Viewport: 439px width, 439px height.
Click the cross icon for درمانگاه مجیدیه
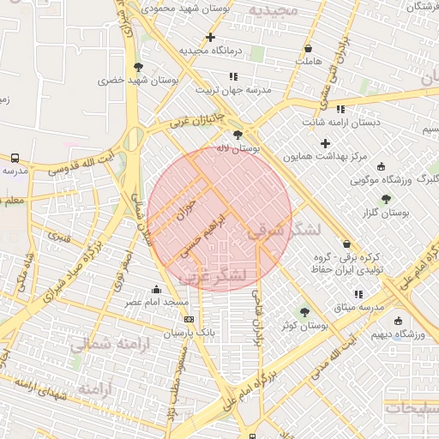(210, 37)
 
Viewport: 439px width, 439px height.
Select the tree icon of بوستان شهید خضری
(138, 66)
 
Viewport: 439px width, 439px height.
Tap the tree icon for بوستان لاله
(238, 135)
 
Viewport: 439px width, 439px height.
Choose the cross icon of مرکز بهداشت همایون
(324, 143)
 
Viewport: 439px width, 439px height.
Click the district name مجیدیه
(274, 9)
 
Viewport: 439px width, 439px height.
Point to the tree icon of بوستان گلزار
(386, 198)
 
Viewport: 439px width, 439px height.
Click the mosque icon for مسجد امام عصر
(156, 290)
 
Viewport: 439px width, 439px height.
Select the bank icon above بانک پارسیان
(189, 319)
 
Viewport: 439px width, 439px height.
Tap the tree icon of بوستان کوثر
(304, 312)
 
